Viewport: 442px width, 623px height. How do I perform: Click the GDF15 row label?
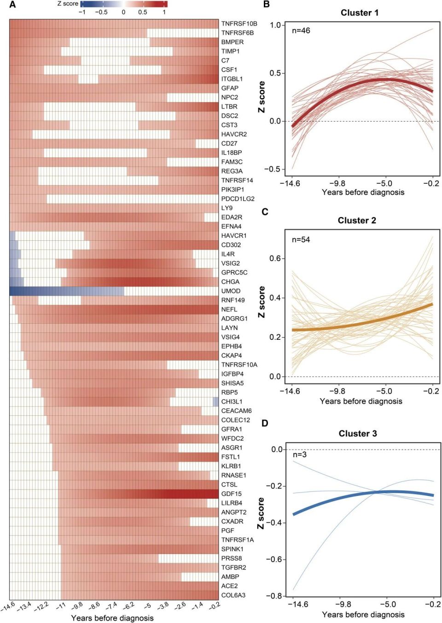point(231,494)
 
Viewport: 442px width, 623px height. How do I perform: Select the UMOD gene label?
point(231,291)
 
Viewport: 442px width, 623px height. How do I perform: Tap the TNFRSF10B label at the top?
point(239,23)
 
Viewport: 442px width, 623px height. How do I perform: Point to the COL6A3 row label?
point(233,595)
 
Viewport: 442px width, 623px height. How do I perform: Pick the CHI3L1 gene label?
point(232,402)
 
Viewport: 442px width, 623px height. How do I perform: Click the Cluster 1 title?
point(360,13)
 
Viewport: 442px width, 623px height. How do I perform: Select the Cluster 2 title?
point(357,221)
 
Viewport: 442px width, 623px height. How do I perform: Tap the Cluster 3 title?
point(358,433)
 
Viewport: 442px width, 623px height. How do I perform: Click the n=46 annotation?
point(301,31)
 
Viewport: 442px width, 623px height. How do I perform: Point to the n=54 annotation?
point(301,239)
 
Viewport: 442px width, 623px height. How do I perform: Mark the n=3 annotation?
point(300,455)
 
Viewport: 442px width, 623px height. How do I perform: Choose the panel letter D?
point(265,423)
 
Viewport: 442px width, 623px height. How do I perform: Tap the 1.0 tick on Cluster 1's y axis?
point(275,25)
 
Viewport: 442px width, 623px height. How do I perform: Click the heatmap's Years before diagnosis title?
point(112,618)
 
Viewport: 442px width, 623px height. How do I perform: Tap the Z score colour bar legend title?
point(68,4)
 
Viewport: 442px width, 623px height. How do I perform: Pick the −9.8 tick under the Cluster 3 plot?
point(343,604)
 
